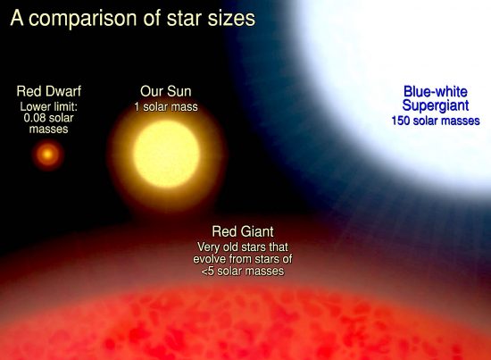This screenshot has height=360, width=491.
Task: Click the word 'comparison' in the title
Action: (83, 20)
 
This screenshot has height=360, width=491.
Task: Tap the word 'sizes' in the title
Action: (231, 18)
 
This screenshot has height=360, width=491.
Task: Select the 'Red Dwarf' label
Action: (49, 91)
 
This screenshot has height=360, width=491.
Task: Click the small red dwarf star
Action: (48, 155)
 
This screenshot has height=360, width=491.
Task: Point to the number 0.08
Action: (34, 118)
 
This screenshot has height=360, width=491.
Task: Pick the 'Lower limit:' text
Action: (49, 107)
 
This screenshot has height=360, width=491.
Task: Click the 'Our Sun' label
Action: (166, 91)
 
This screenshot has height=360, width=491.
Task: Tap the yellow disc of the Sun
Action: (166, 154)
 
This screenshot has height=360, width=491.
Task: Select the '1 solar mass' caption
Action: (166, 107)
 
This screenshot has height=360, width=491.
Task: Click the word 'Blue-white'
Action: (436, 91)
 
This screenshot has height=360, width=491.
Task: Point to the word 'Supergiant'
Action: (436, 106)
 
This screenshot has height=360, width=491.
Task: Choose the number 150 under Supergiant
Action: (401, 121)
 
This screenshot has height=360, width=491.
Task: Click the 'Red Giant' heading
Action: (243, 231)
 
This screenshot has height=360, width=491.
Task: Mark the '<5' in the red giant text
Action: (207, 271)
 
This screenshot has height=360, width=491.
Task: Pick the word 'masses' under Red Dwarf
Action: (48, 130)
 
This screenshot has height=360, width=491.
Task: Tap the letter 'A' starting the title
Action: (17, 18)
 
